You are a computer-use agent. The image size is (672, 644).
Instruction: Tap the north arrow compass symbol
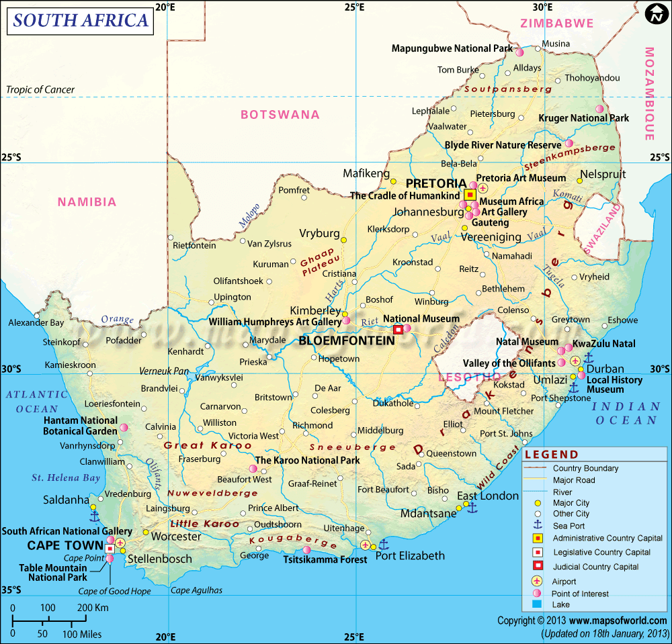point(655,15)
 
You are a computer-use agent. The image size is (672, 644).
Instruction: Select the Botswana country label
point(280,115)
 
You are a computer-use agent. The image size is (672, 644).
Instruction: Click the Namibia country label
point(87,201)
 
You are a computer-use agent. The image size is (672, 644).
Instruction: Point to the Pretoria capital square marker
point(470,195)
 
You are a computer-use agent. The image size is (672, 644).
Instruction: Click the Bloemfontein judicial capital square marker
point(398,330)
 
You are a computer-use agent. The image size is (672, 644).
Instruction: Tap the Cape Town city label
point(65,545)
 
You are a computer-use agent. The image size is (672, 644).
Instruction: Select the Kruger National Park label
point(584,118)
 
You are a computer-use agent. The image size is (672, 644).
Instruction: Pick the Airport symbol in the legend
point(537,581)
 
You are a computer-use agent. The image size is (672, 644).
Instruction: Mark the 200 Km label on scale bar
point(92,608)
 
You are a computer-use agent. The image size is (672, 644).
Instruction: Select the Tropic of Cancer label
point(40,90)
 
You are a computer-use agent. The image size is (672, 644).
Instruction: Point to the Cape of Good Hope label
point(115,591)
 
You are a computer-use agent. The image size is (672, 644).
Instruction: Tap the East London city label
point(488,496)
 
